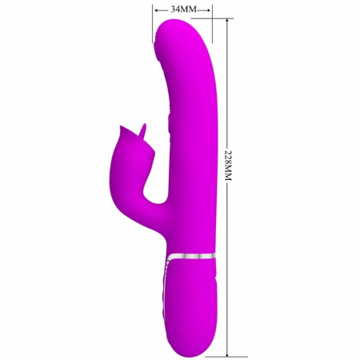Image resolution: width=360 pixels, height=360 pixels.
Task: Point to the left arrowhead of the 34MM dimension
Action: (156, 10)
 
